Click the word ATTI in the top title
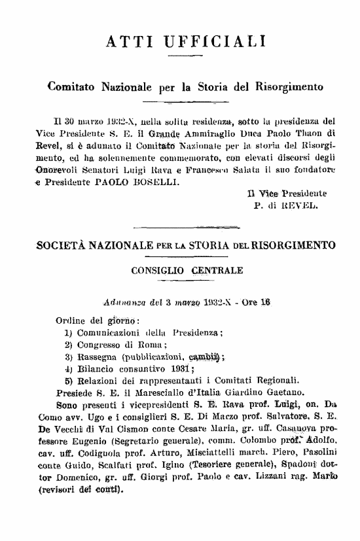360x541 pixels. (x=124, y=42)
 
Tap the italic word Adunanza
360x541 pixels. (x=126, y=303)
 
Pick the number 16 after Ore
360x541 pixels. (x=265, y=303)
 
